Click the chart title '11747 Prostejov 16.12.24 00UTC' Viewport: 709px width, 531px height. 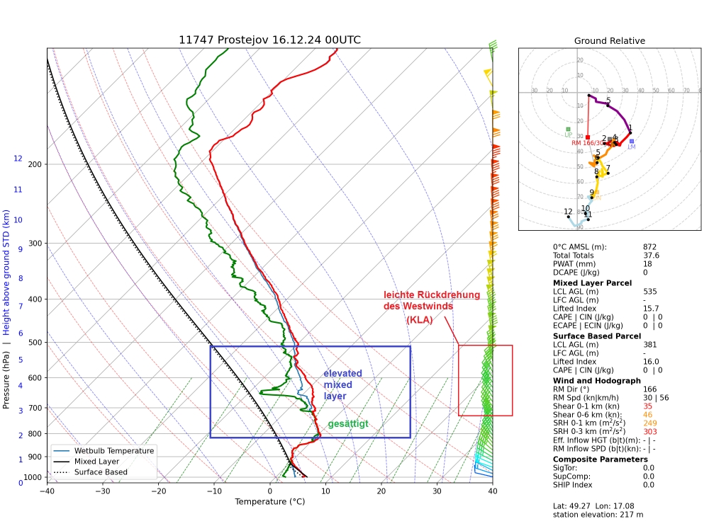[269, 40]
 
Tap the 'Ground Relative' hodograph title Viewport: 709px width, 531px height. [610, 41]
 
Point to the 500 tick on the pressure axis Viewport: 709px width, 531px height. [34, 343]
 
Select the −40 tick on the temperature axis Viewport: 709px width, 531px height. [47, 491]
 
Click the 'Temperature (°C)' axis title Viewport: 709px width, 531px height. [269, 502]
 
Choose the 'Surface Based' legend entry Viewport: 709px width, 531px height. [108, 472]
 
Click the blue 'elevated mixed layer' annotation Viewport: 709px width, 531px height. [342, 384]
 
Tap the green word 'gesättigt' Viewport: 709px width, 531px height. [347, 424]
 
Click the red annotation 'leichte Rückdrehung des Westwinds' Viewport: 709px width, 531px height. [432, 301]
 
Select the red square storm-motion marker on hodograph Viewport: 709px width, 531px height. [588, 137]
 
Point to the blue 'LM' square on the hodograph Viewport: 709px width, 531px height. [631, 142]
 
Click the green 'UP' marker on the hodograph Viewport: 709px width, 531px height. [568, 130]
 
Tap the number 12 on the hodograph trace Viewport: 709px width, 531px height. [568, 212]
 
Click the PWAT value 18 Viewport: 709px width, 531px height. [647, 263]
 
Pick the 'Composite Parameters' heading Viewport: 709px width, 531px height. [600, 459]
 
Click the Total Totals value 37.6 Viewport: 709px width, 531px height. [651, 255]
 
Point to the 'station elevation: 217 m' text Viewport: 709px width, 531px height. [597, 515]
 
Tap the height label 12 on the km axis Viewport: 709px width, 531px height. [18, 159]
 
